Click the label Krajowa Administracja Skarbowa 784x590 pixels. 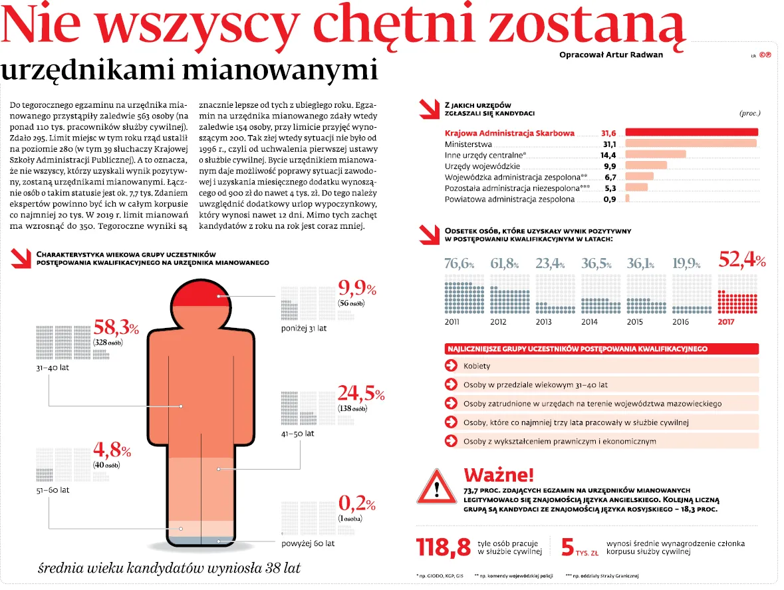[x=509, y=133]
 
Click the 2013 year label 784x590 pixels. [x=543, y=322]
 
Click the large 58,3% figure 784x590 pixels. [x=116, y=328]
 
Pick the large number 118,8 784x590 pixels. [x=444, y=547]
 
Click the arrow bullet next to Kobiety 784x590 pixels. [x=452, y=366]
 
